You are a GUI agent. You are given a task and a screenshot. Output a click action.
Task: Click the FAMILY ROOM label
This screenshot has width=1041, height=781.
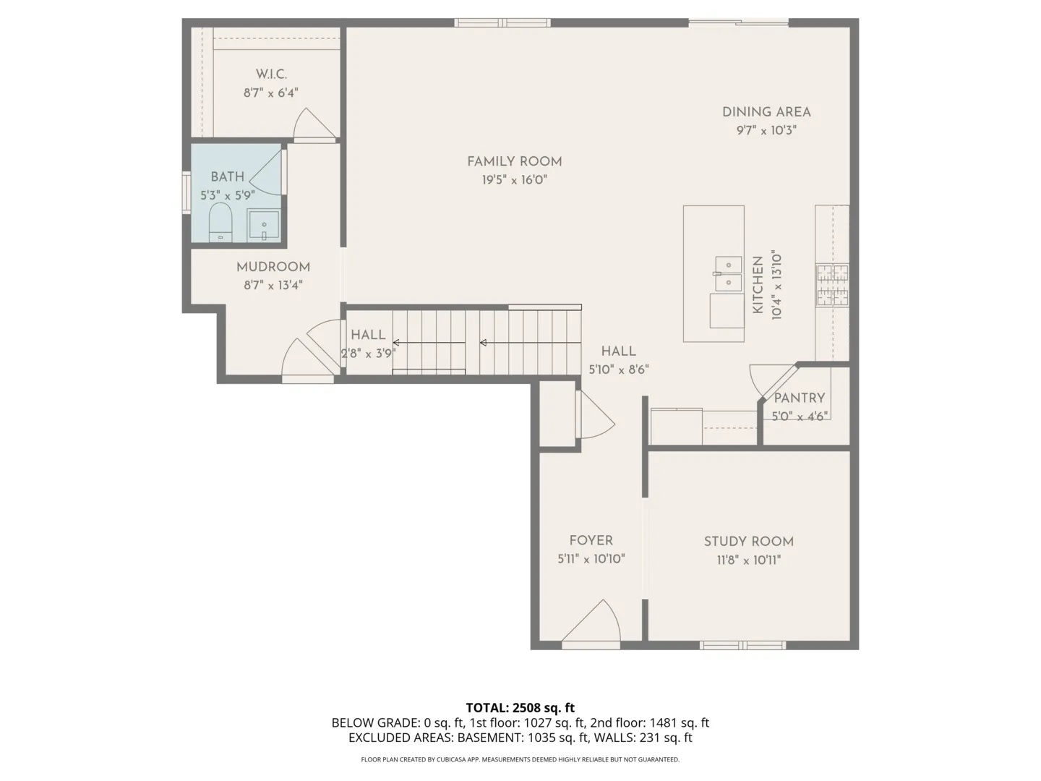click(x=514, y=162)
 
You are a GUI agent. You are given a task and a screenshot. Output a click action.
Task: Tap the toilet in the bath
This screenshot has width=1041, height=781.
click(x=220, y=222)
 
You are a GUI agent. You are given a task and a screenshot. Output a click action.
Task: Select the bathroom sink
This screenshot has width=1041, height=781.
click(x=264, y=225)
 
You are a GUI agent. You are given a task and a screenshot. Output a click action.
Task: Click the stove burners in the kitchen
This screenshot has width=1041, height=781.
click(x=832, y=285)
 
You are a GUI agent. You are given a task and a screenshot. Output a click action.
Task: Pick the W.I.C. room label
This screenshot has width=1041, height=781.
click(x=271, y=74)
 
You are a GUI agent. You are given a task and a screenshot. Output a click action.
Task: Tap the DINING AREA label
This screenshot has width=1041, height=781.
click(x=766, y=112)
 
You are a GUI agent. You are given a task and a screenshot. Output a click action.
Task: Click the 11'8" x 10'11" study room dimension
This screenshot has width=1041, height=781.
click(x=748, y=560)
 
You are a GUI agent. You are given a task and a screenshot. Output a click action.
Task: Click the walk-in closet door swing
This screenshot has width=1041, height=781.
click(x=314, y=124)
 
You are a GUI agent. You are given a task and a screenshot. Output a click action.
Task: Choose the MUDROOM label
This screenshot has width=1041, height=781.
click(x=273, y=267)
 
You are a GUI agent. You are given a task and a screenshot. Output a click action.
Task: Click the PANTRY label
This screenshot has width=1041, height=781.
click(x=799, y=398)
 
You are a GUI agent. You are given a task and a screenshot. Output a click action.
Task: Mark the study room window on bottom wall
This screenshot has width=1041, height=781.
click(x=742, y=645)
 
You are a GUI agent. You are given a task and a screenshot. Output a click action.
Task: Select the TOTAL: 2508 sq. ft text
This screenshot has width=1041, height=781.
click(x=520, y=707)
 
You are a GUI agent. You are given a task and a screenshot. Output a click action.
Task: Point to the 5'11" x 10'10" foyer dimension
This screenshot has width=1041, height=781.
click(x=591, y=558)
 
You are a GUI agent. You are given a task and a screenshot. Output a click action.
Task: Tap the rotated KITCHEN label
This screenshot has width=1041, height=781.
click(x=758, y=284)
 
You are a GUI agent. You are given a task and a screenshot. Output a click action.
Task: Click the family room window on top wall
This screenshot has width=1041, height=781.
click(x=502, y=22)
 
